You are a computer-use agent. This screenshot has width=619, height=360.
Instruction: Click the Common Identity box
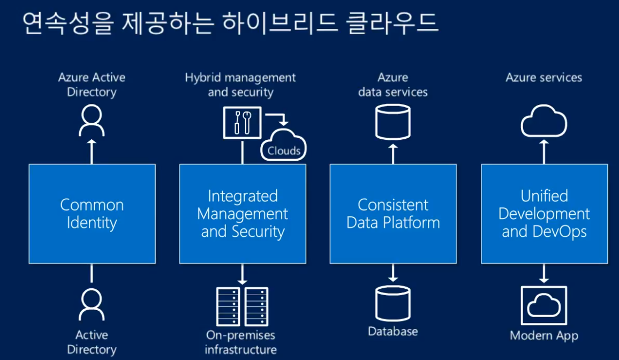[x=92, y=213]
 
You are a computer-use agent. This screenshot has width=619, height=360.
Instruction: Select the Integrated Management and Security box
[x=243, y=213]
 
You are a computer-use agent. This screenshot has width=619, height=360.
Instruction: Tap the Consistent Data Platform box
[x=393, y=213]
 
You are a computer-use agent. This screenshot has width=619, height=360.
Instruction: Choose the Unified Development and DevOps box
[x=544, y=213]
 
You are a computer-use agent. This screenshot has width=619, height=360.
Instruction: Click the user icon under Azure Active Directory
[x=92, y=121]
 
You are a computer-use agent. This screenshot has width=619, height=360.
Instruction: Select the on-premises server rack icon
[x=242, y=307]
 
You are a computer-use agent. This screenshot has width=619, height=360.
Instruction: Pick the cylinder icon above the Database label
[x=393, y=303]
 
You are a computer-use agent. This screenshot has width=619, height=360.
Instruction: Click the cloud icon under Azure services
[x=544, y=121]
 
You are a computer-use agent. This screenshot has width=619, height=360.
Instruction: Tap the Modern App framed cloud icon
[x=544, y=305]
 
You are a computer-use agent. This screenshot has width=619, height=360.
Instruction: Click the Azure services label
[x=544, y=78]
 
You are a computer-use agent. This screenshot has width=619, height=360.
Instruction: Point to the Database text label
[x=393, y=331]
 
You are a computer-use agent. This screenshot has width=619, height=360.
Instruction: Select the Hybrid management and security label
[x=240, y=85]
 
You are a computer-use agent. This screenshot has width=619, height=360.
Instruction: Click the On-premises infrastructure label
[x=240, y=342]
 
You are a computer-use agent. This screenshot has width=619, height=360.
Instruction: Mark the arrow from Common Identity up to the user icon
[x=92, y=151]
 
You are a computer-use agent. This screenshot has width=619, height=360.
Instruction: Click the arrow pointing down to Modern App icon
[x=544, y=274]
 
